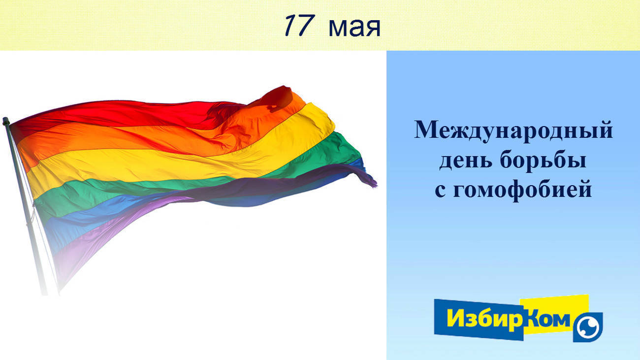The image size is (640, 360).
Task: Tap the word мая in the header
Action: (x=354, y=28)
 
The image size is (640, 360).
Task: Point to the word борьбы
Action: (x=543, y=160)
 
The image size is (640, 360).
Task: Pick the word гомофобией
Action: (x=522, y=190)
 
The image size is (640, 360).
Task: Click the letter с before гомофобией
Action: (x=440, y=191)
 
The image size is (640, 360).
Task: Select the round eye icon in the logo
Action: (x=588, y=327)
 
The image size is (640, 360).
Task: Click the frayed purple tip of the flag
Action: (x=370, y=181)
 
